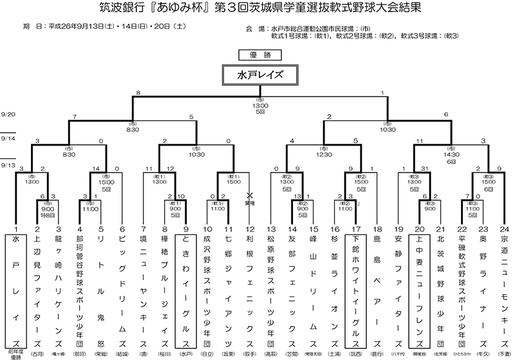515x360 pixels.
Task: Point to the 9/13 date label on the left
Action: pos(8,166)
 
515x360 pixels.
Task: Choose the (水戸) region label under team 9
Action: pos(186,352)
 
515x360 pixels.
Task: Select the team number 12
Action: pos(248,229)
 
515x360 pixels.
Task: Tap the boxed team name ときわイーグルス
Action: pos(186,290)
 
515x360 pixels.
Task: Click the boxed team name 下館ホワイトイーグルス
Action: pos(355,290)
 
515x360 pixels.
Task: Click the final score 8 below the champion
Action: pos(138,94)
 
